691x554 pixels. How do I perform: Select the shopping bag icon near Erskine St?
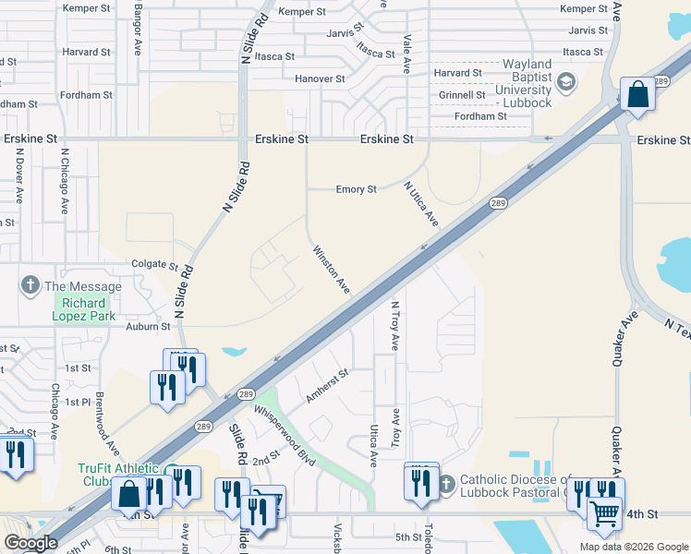(x=637, y=95)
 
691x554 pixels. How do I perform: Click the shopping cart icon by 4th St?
(x=604, y=513)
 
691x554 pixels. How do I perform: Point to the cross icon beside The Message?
(x=30, y=285)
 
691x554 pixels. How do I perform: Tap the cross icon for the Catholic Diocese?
(x=446, y=482)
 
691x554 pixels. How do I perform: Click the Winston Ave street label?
(x=331, y=270)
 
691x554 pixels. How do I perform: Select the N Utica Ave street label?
(x=420, y=204)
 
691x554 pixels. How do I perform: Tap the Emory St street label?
(x=356, y=189)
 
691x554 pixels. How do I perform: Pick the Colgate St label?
(x=153, y=265)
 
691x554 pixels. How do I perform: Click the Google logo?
(x=30, y=543)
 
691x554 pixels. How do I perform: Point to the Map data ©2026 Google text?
(x=633, y=547)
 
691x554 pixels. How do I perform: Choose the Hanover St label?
(x=320, y=79)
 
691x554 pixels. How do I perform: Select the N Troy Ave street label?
(x=394, y=325)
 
